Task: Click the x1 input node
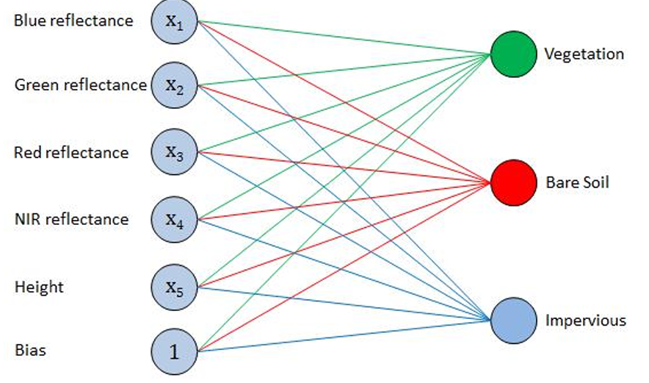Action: (174, 21)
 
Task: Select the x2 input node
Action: (174, 87)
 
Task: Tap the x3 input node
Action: (174, 152)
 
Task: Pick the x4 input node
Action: (174, 218)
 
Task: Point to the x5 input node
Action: (174, 287)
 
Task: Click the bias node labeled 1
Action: (174, 351)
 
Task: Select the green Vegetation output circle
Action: (513, 54)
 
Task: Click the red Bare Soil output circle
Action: (513, 182)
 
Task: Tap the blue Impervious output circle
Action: (513, 321)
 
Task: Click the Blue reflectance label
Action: (73, 21)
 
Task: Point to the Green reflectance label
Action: (80, 85)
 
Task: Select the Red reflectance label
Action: (71, 153)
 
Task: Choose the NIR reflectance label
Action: (71, 219)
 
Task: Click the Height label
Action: (39, 287)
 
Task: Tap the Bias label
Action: (30, 350)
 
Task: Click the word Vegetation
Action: (584, 54)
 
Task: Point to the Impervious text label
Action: (585, 321)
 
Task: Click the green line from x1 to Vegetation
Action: (345, 38)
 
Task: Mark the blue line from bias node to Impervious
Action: (345, 335)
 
